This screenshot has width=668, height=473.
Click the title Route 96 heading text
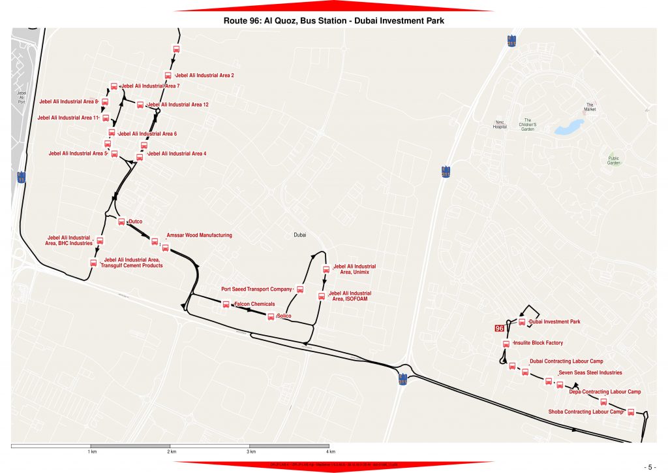[x=333, y=21]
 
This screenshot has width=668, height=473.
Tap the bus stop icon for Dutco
[x=121, y=221]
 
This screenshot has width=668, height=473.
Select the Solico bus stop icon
[x=271, y=317]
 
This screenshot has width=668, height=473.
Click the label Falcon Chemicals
[x=254, y=304]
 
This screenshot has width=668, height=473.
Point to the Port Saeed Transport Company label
[x=256, y=289]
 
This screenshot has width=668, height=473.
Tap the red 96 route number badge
[x=500, y=329]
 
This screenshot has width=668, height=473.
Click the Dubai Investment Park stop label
[x=554, y=322]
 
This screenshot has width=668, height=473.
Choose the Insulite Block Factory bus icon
[x=506, y=344]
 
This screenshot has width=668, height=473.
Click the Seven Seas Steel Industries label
[x=590, y=373]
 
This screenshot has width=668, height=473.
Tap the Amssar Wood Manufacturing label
[x=199, y=235]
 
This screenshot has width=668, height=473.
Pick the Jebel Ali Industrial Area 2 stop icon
[x=168, y=76]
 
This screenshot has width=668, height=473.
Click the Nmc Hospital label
[x=500, y=124]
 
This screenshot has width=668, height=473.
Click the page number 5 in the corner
[x=650, y=467]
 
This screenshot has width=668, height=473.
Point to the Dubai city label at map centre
[x=300, y=235]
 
